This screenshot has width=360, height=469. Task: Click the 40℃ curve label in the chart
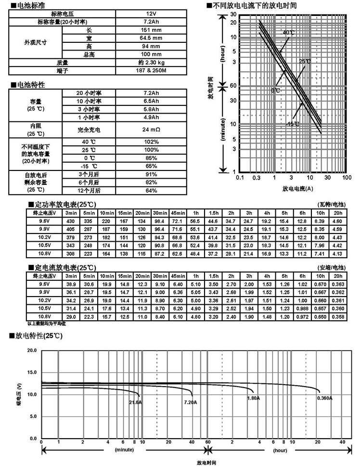point(288,32)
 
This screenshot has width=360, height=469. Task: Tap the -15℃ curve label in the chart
point(292,124)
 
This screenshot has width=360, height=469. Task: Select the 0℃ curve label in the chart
point(275,90)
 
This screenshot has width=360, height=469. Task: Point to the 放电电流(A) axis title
point(297,188)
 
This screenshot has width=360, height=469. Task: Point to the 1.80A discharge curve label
point(253,398)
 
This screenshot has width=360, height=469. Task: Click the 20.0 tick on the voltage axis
point(31,350)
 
